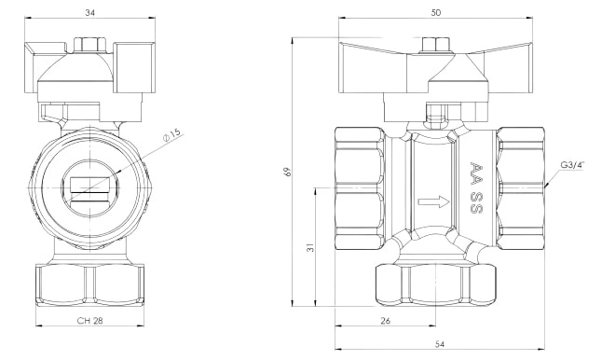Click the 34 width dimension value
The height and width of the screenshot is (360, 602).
pos(89,13)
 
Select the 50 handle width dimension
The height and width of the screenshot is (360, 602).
pos(436,13)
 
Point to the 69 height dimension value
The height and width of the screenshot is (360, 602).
pos(288,172)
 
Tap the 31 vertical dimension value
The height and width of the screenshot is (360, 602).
pos(311,246)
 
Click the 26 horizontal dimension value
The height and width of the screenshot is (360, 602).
pos(385,321)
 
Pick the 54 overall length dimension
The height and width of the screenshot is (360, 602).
pos(440,345)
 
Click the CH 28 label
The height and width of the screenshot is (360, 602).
pos(89,321)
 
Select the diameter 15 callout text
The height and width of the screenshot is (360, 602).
pos(171,134)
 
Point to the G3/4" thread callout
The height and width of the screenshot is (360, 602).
pos(572,165)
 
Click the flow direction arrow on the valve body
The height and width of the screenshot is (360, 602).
pos(433,201)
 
